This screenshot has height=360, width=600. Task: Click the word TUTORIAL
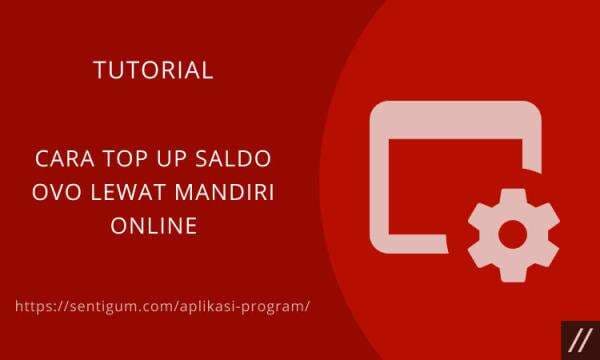point(153,71)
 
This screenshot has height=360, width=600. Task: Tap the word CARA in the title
point(62,160)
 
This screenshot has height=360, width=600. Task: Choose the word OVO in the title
point(55,193)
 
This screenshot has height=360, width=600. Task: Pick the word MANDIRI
point(224,193)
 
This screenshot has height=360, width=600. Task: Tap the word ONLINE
point(153,226)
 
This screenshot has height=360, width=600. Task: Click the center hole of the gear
point(513,234)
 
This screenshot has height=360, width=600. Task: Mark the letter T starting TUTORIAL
point(98,71)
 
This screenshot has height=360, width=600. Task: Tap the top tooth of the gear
point(513,194)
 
